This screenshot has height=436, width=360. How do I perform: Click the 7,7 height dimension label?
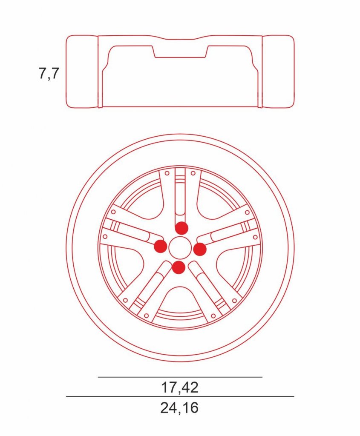49,73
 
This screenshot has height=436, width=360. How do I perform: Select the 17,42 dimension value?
180,387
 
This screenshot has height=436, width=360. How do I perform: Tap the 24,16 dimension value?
179,407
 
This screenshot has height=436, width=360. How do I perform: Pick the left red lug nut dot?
161,246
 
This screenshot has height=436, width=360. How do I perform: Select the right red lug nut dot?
200,249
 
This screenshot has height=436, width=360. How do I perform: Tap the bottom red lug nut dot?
179,267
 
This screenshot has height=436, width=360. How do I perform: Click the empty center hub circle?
178,247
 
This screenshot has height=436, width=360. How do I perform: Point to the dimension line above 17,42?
180,377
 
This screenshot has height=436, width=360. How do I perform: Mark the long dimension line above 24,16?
180,396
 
